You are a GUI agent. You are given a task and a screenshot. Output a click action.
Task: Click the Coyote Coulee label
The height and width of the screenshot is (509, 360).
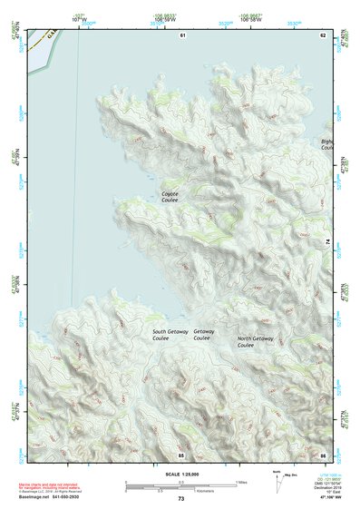[x=170, y=196]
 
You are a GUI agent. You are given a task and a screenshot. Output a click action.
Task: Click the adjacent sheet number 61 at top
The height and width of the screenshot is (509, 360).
[x=182, y=34]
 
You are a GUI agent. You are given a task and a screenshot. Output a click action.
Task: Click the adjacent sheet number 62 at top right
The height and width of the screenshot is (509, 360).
[x=322, y=34]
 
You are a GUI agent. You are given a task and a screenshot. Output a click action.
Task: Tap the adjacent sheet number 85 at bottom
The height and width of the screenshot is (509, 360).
[x=181, y=453]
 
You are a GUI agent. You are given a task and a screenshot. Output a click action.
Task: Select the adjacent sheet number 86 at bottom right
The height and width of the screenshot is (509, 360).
[x=322, y=453]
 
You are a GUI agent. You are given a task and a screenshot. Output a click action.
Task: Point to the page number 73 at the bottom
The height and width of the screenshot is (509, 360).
[x=180, y=499]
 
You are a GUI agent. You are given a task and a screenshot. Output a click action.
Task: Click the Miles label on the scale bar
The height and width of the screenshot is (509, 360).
[x=241, y=482]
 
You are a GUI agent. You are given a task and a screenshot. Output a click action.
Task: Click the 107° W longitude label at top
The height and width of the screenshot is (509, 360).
[x=80, y=18]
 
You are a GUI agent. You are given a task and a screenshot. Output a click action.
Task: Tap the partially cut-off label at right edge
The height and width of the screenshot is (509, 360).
[x=327, y=145]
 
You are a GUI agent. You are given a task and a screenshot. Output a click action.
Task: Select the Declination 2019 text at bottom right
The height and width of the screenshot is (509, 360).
[x=324, y=486]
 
